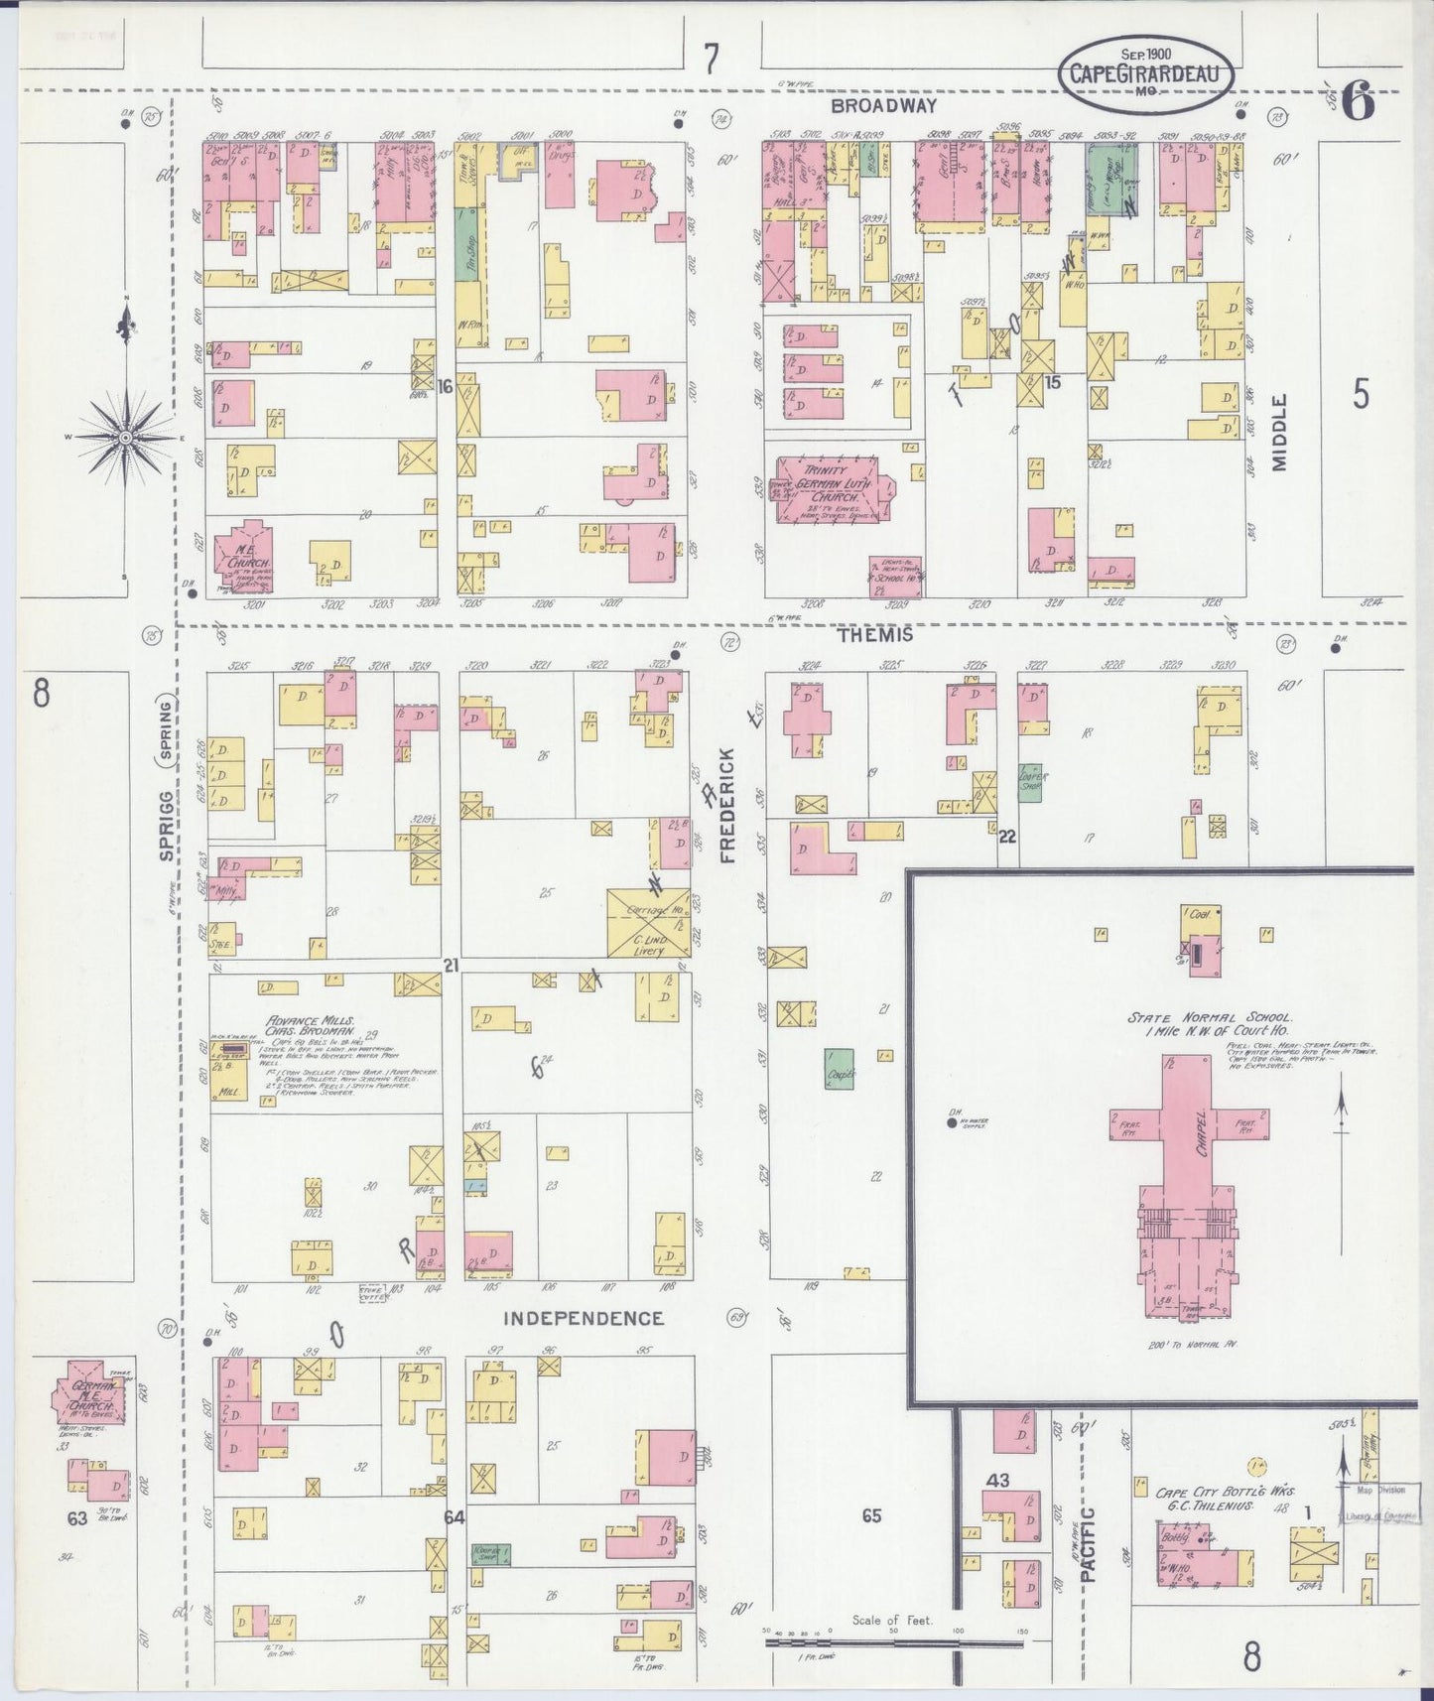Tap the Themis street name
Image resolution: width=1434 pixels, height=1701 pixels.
873,634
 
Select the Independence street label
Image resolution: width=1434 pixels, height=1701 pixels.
584,1318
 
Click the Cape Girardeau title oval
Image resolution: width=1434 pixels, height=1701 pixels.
1146,74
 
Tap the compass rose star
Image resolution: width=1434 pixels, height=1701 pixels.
127,437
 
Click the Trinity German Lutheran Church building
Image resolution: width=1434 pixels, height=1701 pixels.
835,488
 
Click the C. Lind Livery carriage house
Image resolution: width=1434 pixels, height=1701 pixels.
647,923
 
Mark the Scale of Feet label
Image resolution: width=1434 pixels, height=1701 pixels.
892,1620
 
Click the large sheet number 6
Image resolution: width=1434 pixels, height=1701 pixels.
1358,102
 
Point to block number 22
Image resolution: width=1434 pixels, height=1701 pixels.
1006,837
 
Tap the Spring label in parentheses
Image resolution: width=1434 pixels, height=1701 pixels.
166,729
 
